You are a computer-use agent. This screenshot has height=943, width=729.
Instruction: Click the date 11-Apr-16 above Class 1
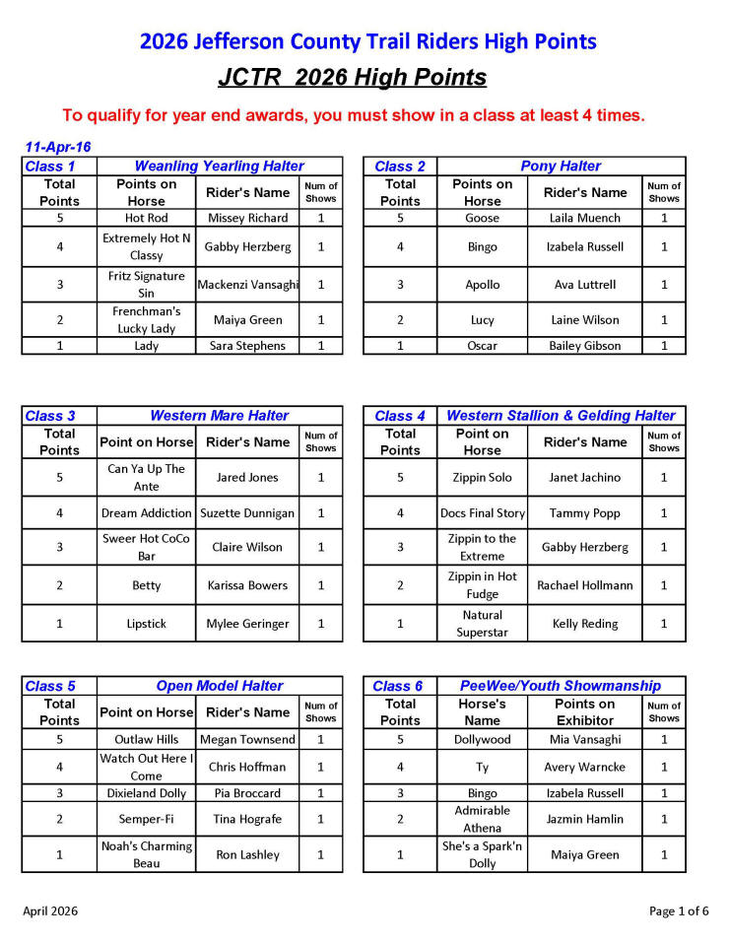click(57, 147)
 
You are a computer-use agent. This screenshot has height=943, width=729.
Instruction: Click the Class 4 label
click(399, 416)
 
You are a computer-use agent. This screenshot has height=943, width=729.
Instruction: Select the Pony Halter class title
click(561, 167)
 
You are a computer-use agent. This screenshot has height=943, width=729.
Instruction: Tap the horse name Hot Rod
click(146, 218)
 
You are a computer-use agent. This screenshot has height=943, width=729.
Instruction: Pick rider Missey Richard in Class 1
click(247, 218)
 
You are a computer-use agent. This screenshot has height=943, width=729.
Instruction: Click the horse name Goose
click(483, 218)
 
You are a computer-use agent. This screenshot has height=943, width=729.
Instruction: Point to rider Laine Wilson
click(585, 320)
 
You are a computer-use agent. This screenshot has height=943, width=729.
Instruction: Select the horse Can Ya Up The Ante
click(146, 478)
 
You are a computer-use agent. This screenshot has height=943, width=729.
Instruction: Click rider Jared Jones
click(247, 478)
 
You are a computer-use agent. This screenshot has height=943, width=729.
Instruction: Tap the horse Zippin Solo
click(483, 478)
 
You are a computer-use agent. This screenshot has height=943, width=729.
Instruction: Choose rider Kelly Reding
click(585, 624)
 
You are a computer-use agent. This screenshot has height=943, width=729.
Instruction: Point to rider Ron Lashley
click(247, 855)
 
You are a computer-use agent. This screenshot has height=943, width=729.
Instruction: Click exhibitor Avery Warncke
click(585, 767)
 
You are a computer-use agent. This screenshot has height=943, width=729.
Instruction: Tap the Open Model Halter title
click(220, 686)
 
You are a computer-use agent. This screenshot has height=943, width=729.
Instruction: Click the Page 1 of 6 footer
click(679, 910)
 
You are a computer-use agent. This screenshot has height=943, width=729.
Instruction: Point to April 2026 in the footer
click(50, 910)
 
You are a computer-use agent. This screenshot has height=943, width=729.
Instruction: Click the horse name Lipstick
click(146, 624)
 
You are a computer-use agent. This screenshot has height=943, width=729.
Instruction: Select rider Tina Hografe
click(247, 819)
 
